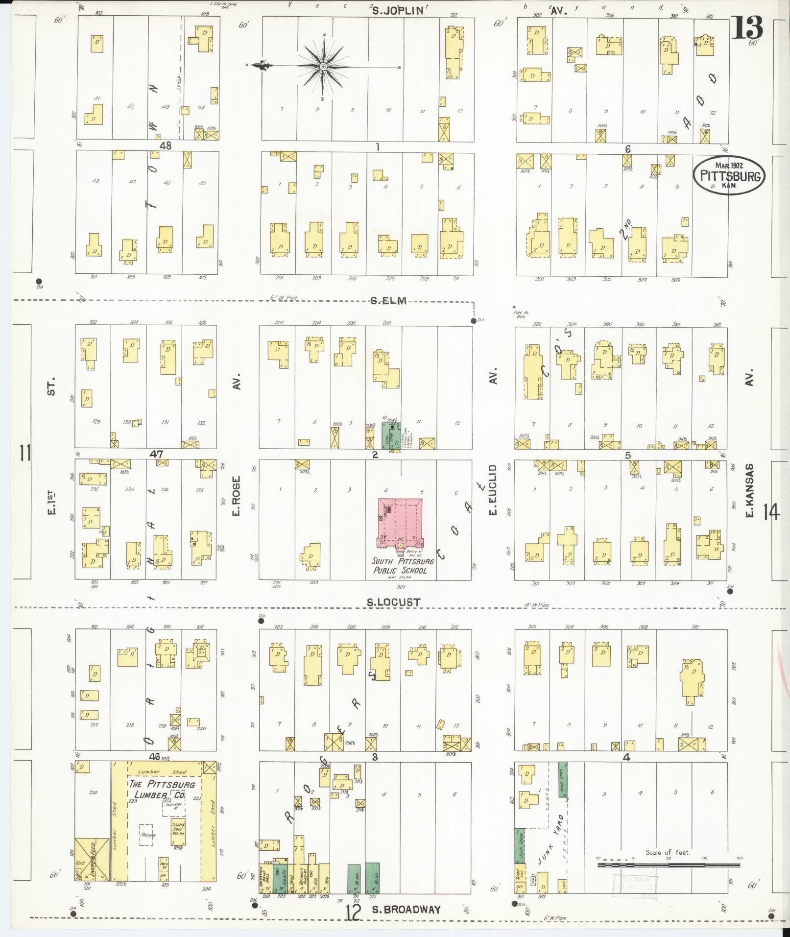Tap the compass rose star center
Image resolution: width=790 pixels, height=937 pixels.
[x=323, y=66]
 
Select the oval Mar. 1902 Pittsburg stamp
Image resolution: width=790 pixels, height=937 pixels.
[x=729, y=175]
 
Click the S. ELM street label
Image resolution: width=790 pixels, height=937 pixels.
[x=388, y=301]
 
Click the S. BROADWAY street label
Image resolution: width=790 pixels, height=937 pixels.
[x=406, y=910]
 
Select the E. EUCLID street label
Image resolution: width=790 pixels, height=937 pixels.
[x=493, y=490]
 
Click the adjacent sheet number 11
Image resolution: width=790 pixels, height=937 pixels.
[x=24, y=453]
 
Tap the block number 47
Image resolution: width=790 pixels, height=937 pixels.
[x=156, y=455]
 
